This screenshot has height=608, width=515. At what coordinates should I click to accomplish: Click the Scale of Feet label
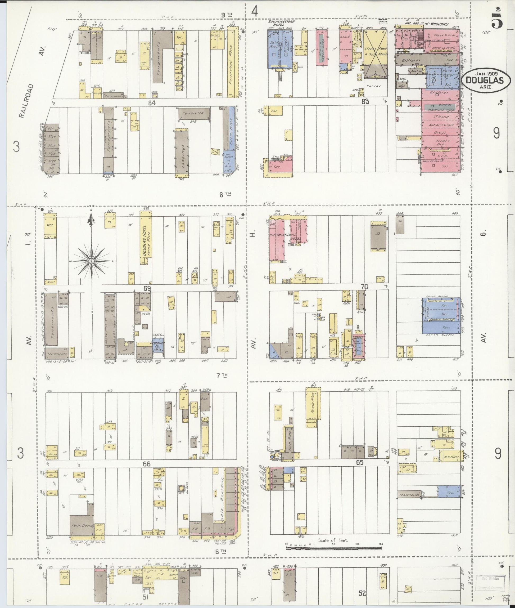pyautogui.click(x=333, y=540)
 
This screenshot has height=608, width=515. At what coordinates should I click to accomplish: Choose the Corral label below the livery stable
pyautogui.click(x=373, y=86)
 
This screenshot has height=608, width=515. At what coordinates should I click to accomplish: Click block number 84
pyautogui.click(x=152, y=102)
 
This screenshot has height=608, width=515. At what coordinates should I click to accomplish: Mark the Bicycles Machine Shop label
pyautogui.click(x=441, y=107)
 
